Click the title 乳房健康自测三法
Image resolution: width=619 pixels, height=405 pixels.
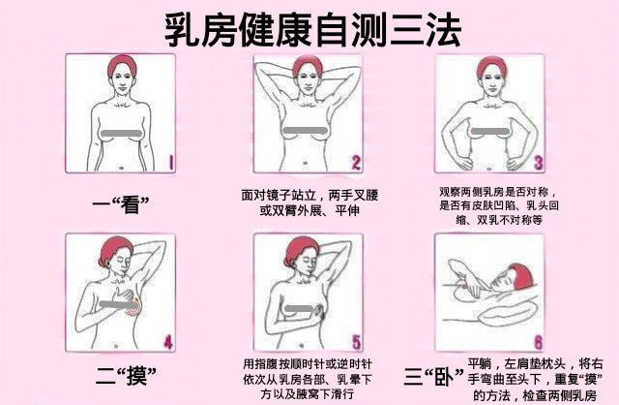click(x=312, y=30)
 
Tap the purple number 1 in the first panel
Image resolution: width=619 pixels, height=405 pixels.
click(x=171, y=162)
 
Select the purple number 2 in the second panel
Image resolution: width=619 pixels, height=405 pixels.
click(x=356, y=163)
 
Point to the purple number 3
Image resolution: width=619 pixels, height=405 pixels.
click(x=539, y=163)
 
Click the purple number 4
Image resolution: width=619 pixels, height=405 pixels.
click(x=168, y=342)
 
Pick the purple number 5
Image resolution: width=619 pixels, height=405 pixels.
click(x=357, y=343)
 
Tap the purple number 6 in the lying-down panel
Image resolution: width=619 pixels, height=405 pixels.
click(x=538, y=343)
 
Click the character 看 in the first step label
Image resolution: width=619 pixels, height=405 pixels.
click(x=132, y=204)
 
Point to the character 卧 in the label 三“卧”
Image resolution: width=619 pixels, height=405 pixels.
click(x=444, y=377)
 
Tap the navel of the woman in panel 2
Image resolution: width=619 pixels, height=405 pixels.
click(x=305, y=163)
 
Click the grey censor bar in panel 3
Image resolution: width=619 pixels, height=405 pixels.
click(x=485, y=132)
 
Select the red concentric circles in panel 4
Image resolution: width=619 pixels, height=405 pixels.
click(x=133, y=306)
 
